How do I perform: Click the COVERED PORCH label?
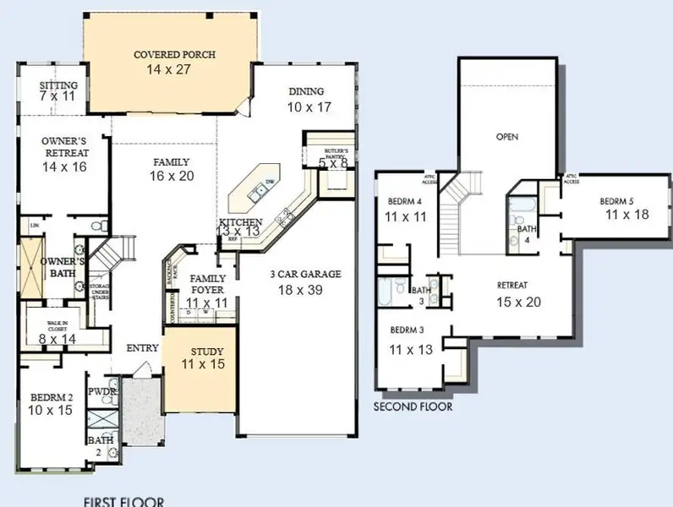[x=175, y=55]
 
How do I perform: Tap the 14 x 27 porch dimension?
[x=175, y=69]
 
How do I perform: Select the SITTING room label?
[x=59, y=85]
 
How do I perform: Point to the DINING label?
[x=307, y=92]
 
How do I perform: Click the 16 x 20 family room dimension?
[x=171, y=176]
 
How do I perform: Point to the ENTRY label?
[x=142, y=348]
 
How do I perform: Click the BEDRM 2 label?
[x=52, y=396]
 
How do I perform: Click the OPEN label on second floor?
[x=507, y=136]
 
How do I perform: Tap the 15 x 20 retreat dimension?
[x=518, y=301]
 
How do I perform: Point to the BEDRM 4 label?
[x=404, y=202]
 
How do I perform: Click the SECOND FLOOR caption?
[x=413, y=406]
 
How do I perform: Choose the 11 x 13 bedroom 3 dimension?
[x=411, y=347]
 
